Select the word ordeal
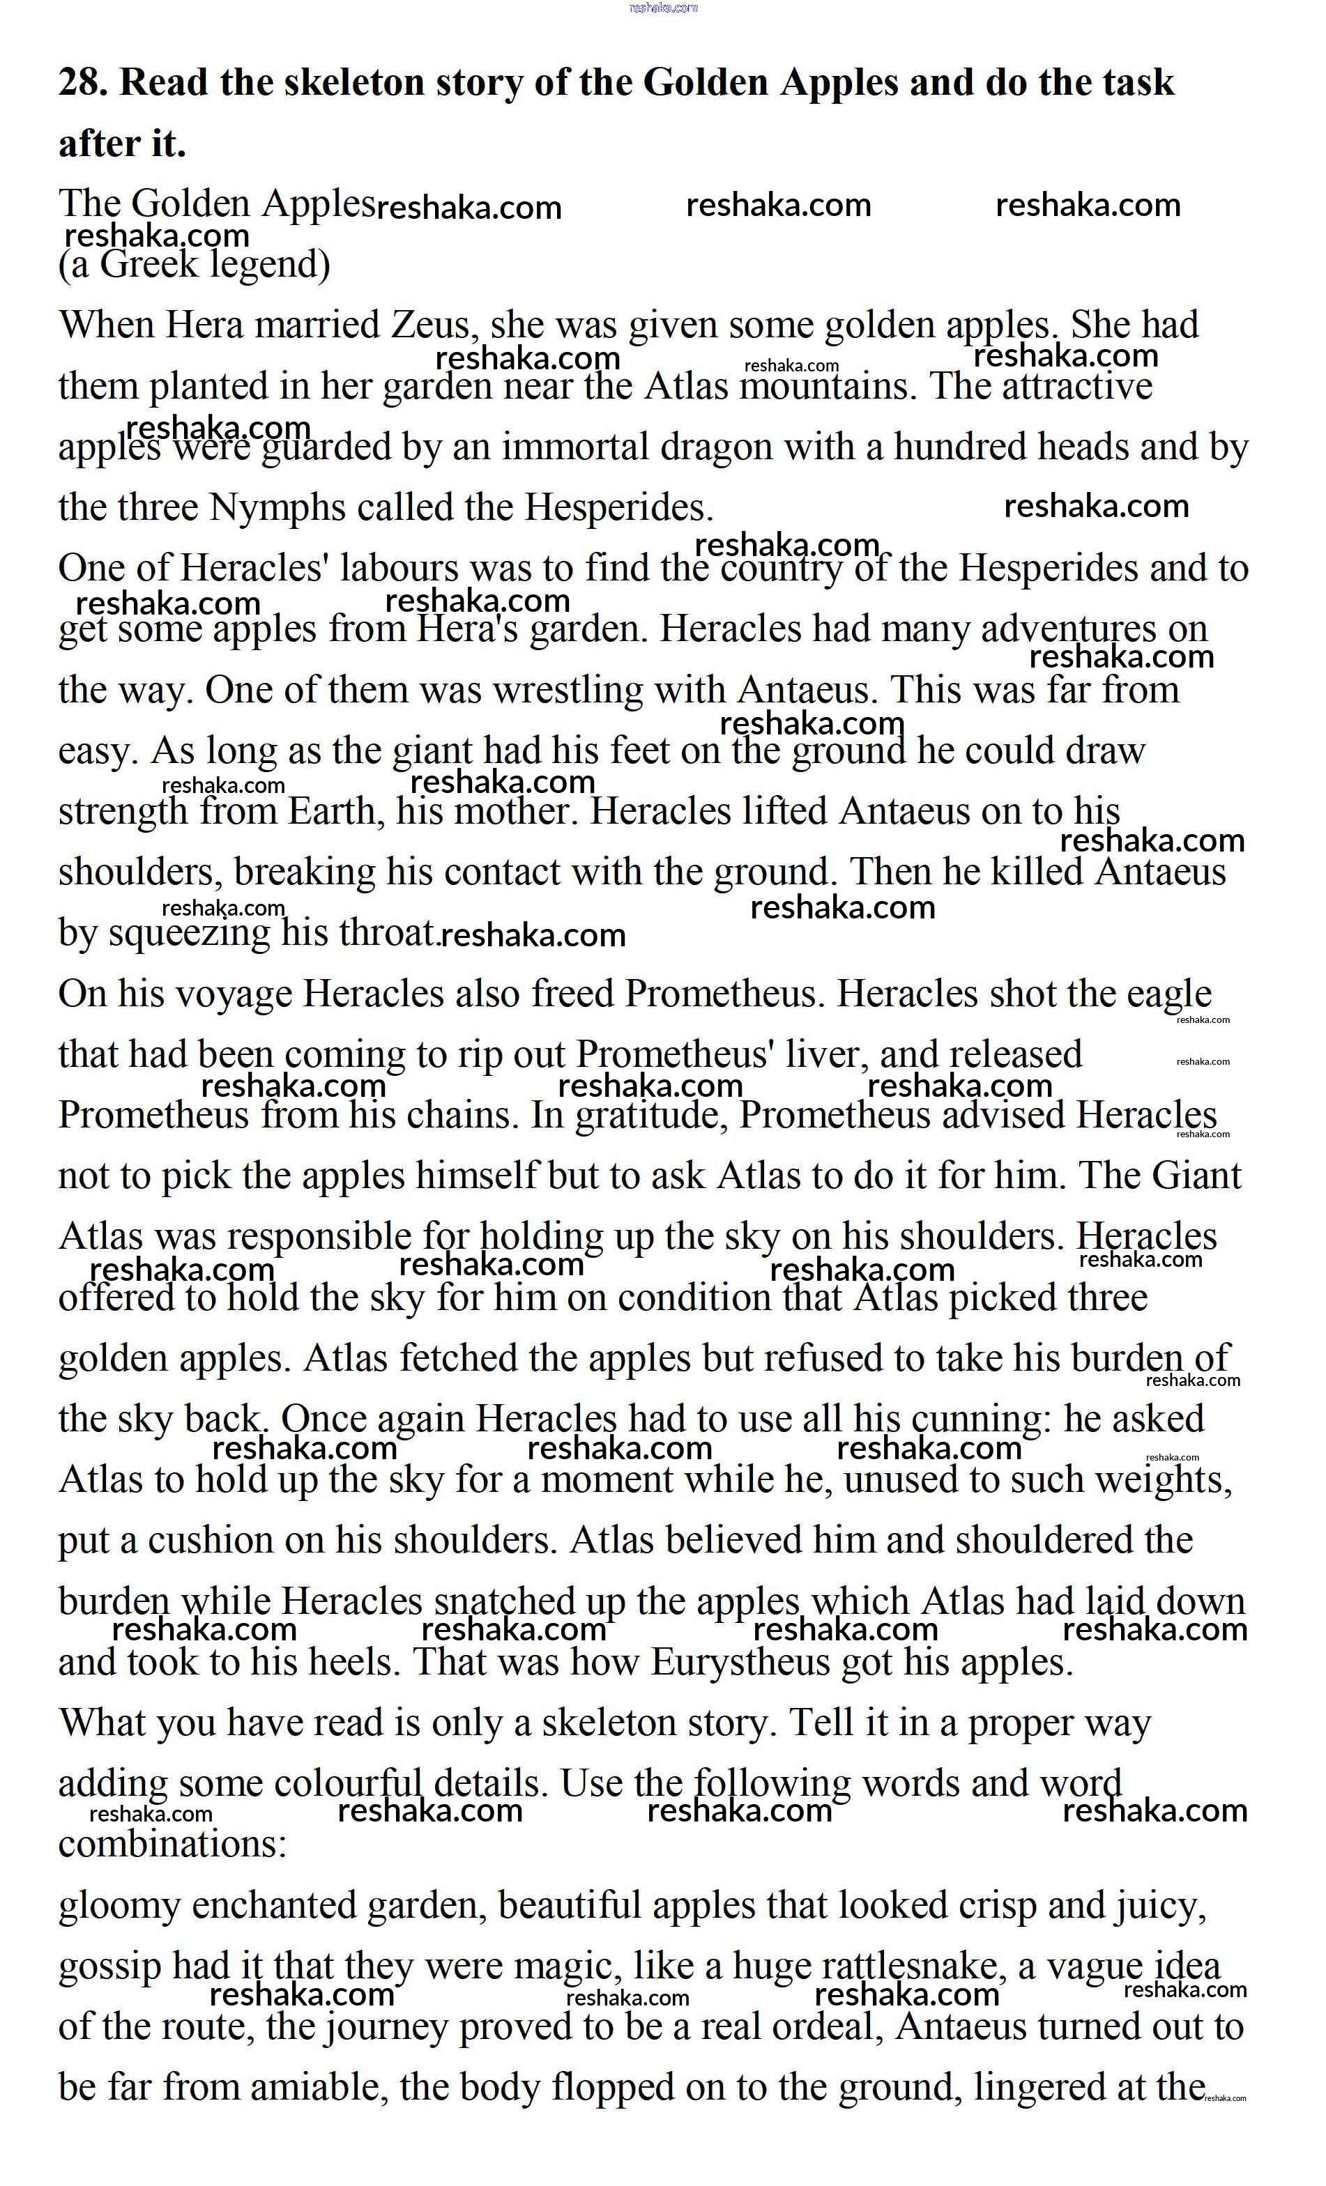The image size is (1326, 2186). click(828, 2027)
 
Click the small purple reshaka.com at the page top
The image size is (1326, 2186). click(663, 8)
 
